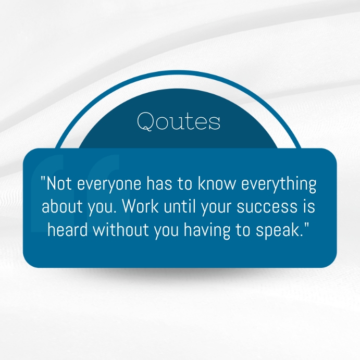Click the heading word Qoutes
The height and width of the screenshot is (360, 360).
pos(179,121)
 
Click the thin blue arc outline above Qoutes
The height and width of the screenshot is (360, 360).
pos(180,74)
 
